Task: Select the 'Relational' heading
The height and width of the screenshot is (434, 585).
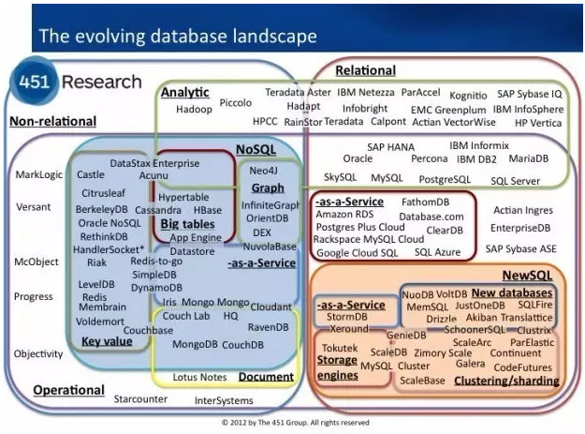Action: tap(364, 70)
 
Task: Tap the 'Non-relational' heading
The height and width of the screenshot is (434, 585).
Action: tap(53, 121)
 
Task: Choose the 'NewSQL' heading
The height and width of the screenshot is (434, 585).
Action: tap(528, 277)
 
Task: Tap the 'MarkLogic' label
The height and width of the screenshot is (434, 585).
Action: tap(38, 174)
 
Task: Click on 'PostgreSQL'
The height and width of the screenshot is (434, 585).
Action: tap(444, 178)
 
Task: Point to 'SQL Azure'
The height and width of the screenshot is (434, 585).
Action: tap(437, 252)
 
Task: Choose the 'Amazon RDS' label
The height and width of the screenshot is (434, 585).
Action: tap(345, 215)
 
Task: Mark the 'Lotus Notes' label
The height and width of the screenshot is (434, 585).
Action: tap(199, 377)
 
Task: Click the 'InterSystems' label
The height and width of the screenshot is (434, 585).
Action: tap(223, 400)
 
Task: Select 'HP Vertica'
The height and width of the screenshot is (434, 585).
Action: tap(538, 123)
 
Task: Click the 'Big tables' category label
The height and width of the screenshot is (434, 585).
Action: tap(187, 225)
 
